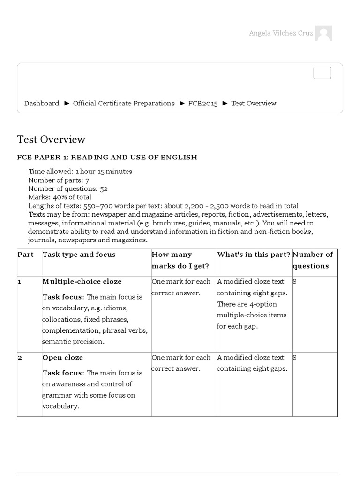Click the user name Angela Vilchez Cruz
(x=280, y=34)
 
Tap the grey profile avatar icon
(x=323, y=34)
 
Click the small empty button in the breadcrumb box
(x=322, y=73)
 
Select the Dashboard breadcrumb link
(x=42, y=103)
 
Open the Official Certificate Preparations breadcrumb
(x=124, y=103)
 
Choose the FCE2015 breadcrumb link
(x=203, y=103)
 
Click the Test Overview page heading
(x=51, y=139)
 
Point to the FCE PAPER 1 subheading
(x=107, y=157)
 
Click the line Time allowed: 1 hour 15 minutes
(x=80, y=172)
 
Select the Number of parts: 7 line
(x=59, y=180)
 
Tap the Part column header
(x=25, y=255)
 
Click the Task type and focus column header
(x=79, y=255)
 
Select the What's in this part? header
(x=254, y=255)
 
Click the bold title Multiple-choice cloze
(x=82, y=281)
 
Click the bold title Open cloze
(x=63, y=357)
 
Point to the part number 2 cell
(x=20, y=357)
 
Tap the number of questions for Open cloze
(x=295, y=357)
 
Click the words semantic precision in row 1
(x=73, y=342)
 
